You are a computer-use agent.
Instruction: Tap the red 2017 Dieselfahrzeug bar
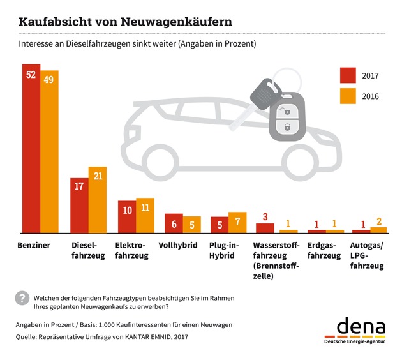[x=78, y=205]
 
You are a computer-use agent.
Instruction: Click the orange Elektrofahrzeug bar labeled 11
[x=145, y=216]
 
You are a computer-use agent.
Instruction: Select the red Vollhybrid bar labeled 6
[x=174, y=223]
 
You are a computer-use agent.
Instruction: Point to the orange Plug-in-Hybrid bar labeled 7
[x=237, y=222]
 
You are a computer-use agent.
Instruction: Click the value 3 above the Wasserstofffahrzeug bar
[x=265, y=216]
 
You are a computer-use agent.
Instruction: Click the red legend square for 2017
[x=348, y=75]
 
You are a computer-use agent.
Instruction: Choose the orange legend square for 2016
[x=348, y=96]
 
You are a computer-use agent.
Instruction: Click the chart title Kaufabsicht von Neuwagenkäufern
[x=125, y=21]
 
